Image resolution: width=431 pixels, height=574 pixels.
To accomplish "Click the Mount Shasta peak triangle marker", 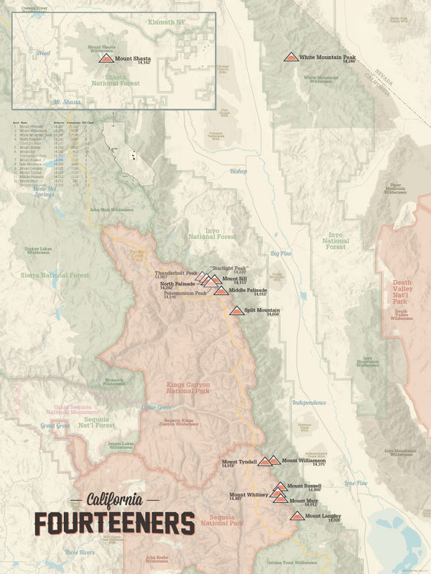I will (106, 58).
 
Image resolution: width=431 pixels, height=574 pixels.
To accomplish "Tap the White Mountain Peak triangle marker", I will (290, 57).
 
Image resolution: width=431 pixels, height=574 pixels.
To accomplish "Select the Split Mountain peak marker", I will (236, 311).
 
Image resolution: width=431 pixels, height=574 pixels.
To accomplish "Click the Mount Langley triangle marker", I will (297, 515).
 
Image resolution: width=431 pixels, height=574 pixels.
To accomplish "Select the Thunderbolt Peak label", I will (176, 273).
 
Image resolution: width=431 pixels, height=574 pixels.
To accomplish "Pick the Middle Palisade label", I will (249, 290).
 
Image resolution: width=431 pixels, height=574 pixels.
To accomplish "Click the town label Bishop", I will (238, 171).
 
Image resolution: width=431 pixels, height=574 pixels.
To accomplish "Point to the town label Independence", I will (309, 403).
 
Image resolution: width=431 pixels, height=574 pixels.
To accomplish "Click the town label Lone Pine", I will (355, 483).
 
